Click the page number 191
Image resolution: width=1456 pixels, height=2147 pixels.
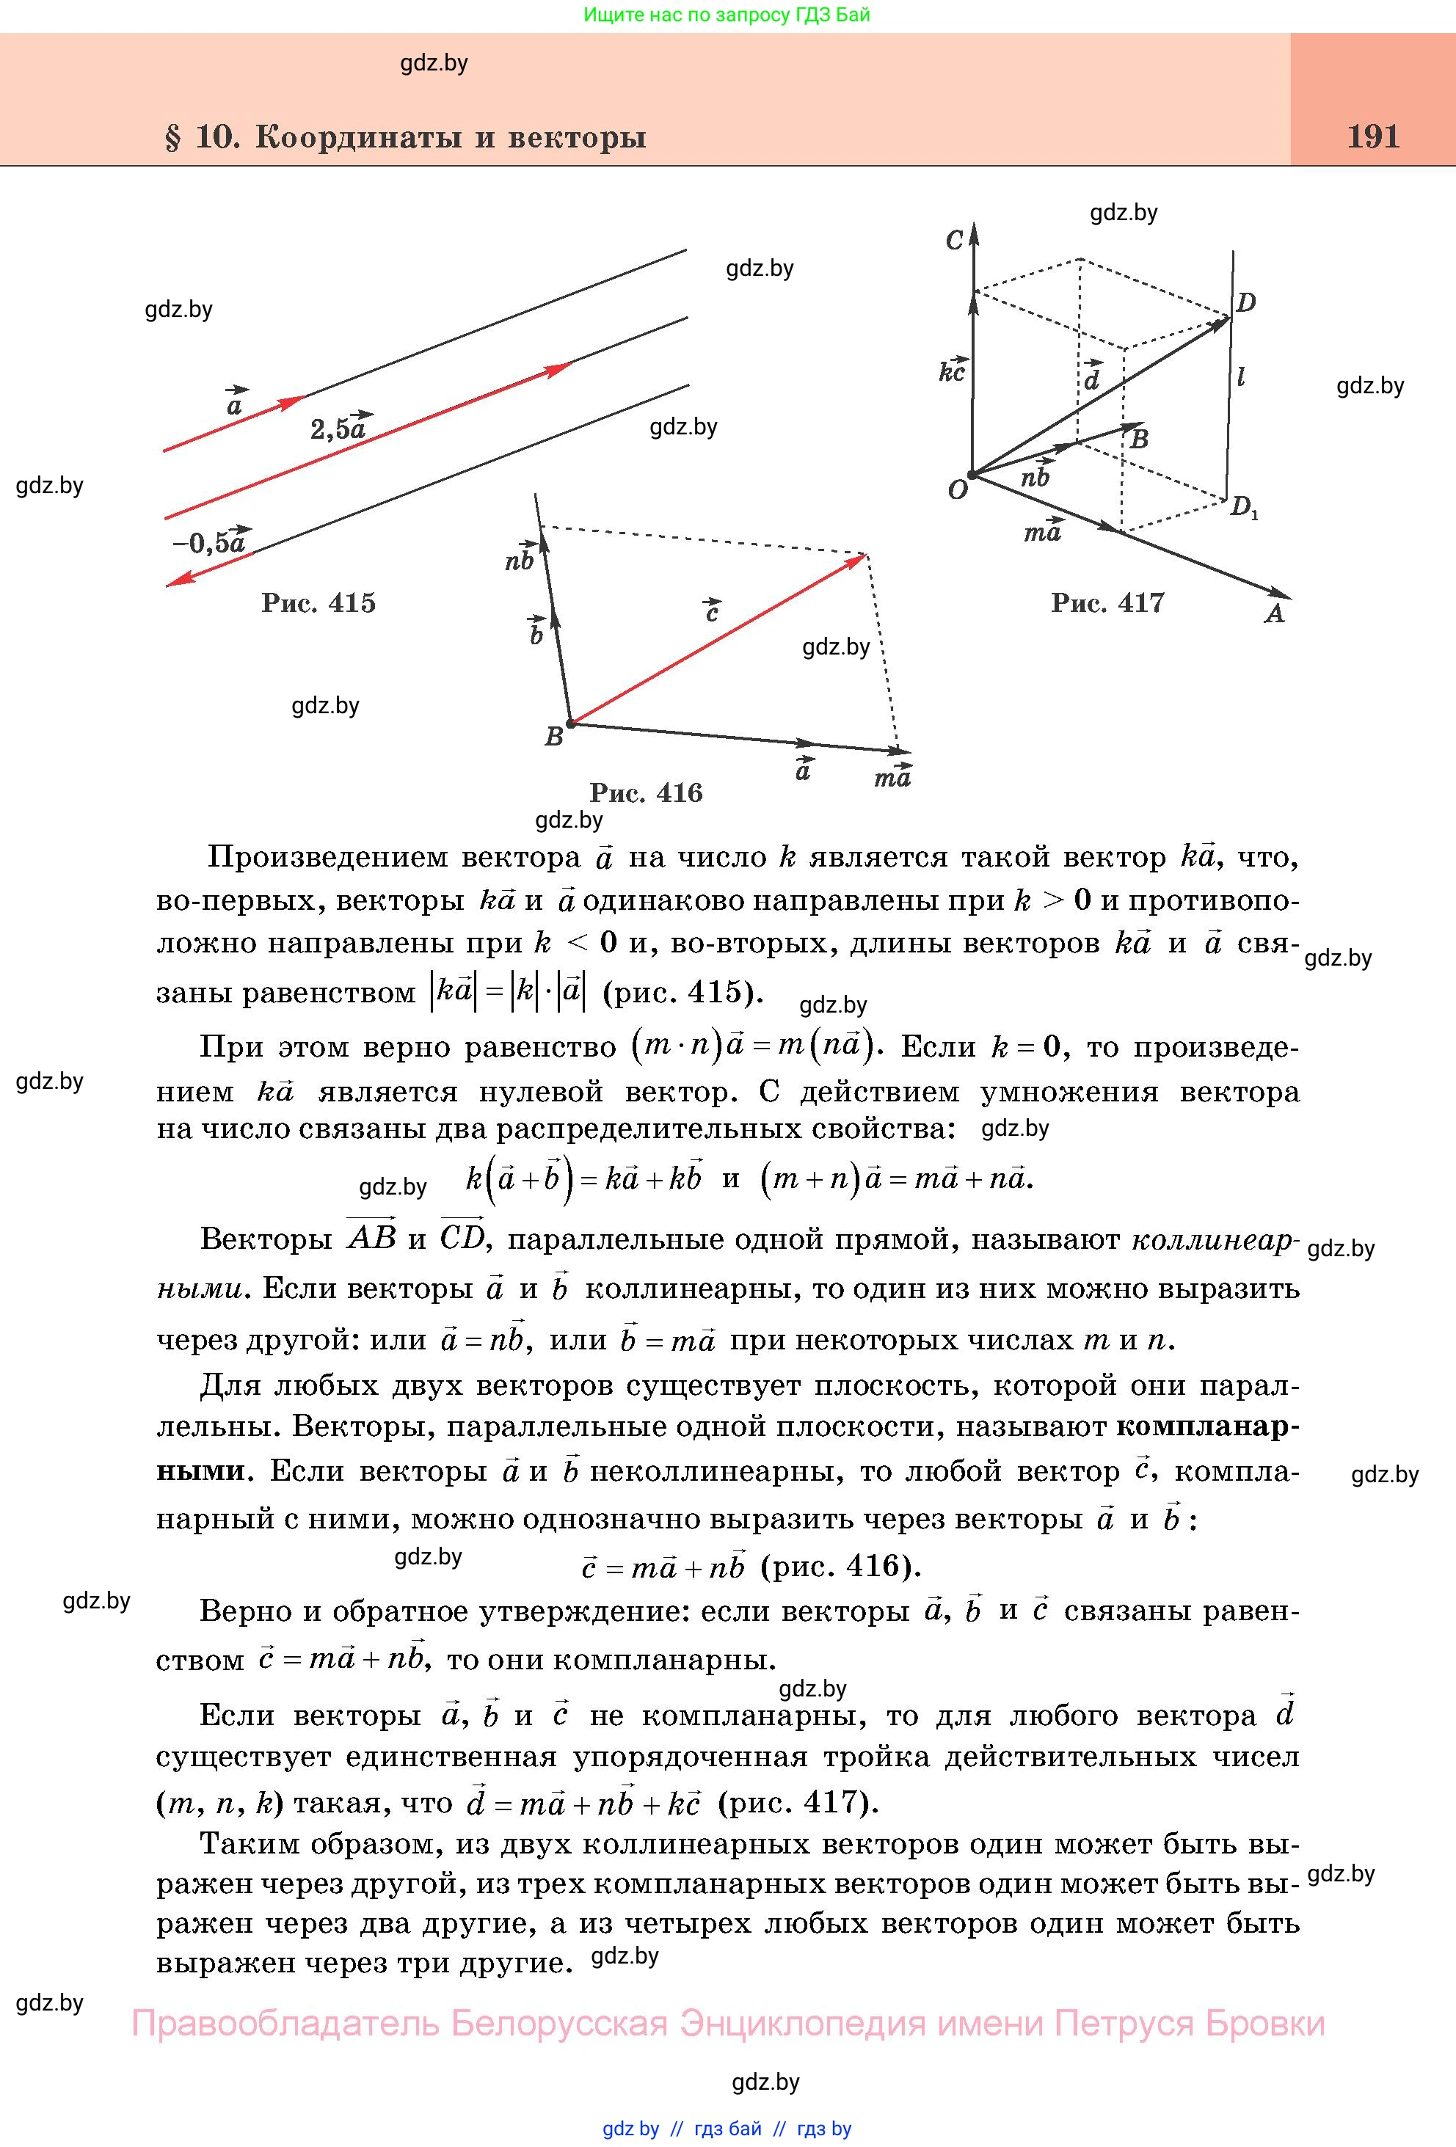pyautogui.click(x=1373, y=136)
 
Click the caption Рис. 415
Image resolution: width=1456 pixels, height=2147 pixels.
pyautogui.click(x=318, y=603)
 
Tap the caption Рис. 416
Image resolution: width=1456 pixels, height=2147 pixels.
pyautogui.click(x=646, y=792)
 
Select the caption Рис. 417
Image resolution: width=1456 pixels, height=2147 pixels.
pyautogui.click(x=1107, y=603)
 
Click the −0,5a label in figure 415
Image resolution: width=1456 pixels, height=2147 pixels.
pyautogui.click(x=210, y=542)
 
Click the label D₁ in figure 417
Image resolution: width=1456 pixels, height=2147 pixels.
pyautogui.click(x=1243, y=507)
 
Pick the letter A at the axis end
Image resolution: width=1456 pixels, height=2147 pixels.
pyautogui.click(x=1275, y=614)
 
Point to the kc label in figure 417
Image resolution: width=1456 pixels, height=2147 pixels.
pyautogui.click(x=952, y=370)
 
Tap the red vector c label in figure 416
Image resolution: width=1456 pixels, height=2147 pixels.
pyautogui.click(x=711, y=610)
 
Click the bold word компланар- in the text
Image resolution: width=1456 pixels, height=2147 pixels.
pyautogui.click(x=1207, y=1426)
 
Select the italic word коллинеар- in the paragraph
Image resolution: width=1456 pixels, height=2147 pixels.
pyautogui.click(x=1215, y=1240)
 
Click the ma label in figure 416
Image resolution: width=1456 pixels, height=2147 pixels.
pyautogui.click(x=892, y=777)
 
